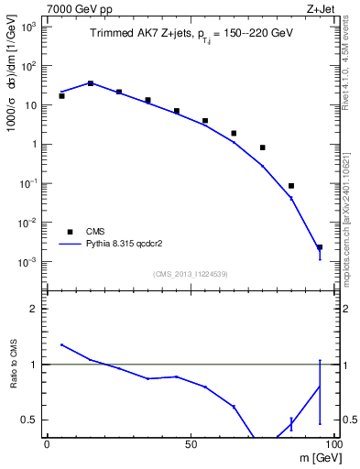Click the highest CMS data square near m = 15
[x=90, y=82]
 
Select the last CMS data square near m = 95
[x=320, y=247]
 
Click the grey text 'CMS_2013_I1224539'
[x=190, y=274]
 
